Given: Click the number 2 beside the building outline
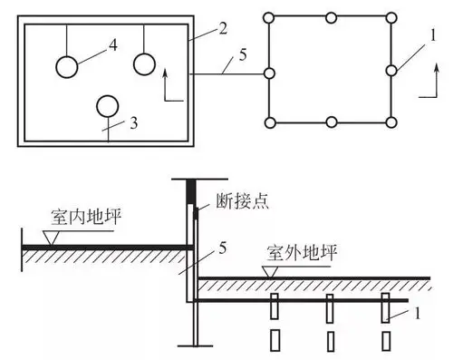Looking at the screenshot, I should [221, 28].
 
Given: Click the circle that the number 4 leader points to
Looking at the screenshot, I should [66, 66].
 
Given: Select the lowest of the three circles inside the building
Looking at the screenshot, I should [107, 105].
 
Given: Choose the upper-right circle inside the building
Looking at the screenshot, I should [145, 64].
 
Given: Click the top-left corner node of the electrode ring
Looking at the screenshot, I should [270, 17].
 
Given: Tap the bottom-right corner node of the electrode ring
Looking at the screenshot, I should [391, 122].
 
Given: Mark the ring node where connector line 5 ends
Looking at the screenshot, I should [270, 72].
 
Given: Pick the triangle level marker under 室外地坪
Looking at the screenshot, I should [267, 270].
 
